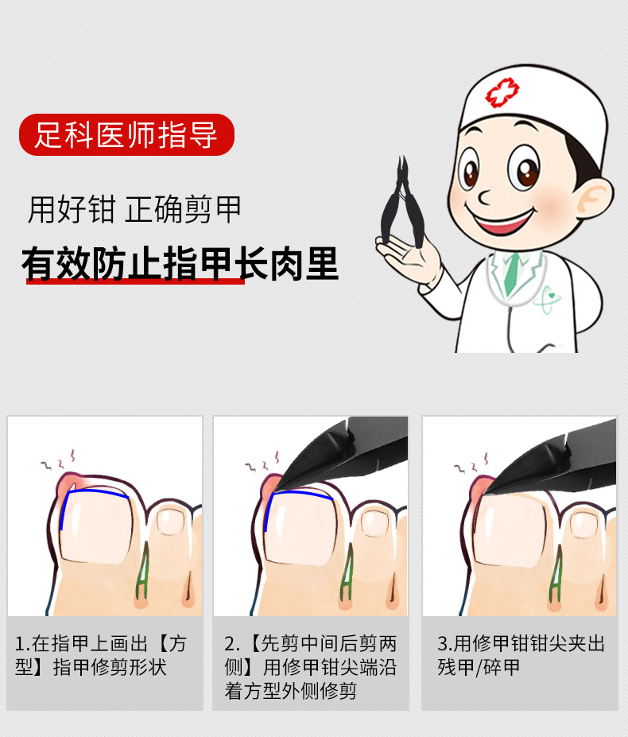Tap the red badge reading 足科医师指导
[126, 134]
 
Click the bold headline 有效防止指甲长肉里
[180, 264]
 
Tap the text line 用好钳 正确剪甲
[134, 210]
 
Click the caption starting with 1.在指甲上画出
[100, 654]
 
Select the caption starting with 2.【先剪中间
[310, 666]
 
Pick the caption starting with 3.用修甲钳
[521, 654]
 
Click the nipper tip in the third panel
[487, 489]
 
